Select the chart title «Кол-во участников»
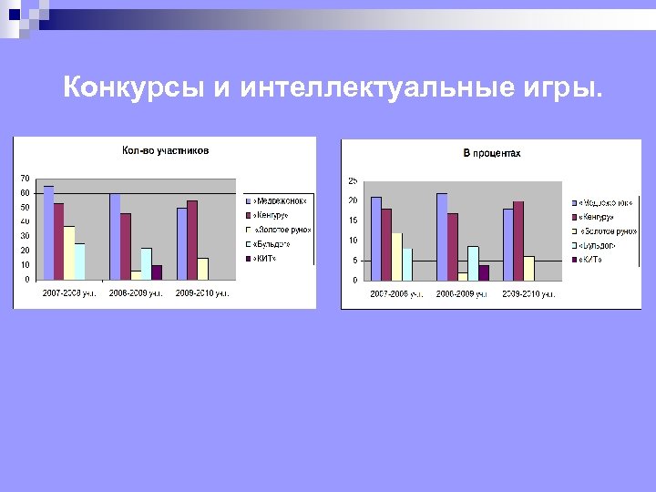165,150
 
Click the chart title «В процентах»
492,153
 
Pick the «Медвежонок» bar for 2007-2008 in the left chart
48,232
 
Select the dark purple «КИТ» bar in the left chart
157,272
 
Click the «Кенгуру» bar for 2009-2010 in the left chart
192,240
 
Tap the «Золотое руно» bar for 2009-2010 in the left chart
203,268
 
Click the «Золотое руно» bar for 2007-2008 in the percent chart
396,256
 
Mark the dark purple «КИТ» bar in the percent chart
484,272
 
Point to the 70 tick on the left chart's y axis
24,178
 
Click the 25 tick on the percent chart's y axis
353,180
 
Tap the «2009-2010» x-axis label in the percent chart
526,294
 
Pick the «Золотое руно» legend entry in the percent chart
606,231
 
